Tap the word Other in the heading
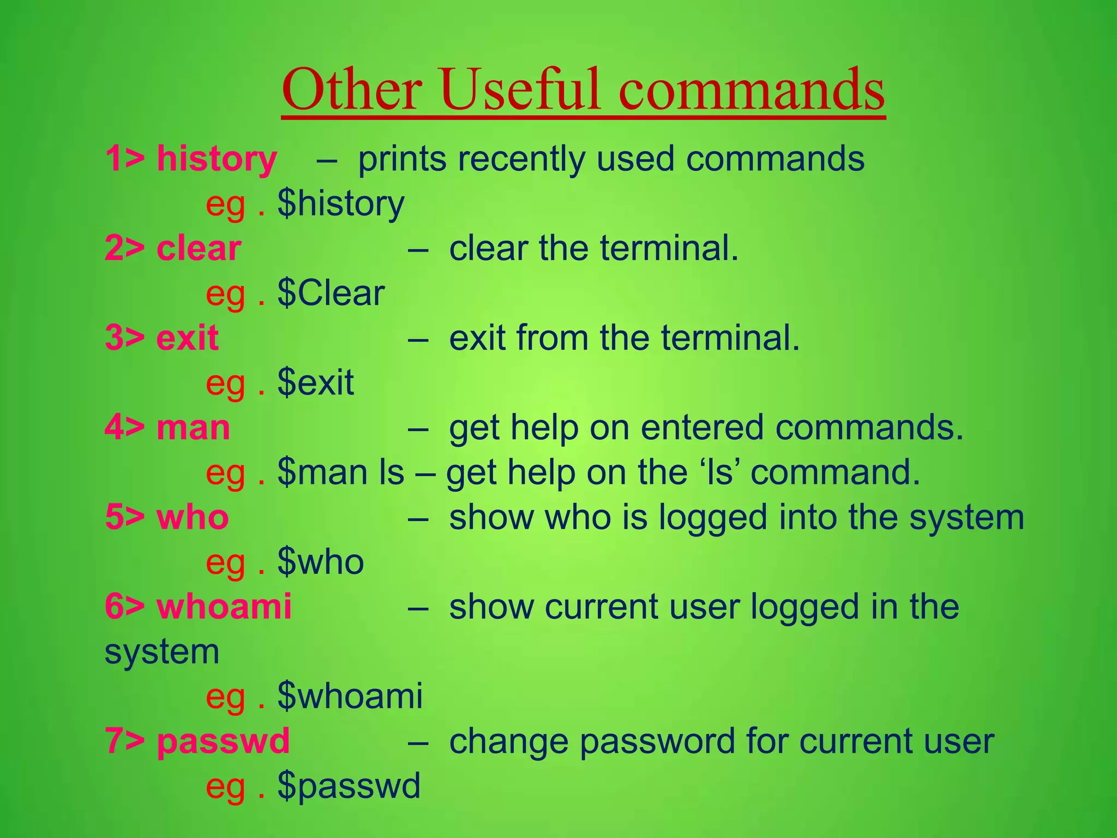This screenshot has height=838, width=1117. [352, 89]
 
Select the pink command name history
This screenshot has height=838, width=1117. [217, 159]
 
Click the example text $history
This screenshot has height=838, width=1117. [341, 204]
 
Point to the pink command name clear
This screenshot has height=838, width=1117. [199, 249]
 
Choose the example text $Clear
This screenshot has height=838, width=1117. [331, 294]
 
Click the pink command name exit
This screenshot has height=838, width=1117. [187, 338]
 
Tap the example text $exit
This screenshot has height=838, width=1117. [316, 383]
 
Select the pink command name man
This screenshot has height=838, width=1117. [193, 428]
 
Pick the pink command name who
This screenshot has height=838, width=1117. [193, 517]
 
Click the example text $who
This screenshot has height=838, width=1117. [321, 562]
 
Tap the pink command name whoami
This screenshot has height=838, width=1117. [224, 607]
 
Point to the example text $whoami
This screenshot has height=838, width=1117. [350, 696]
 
